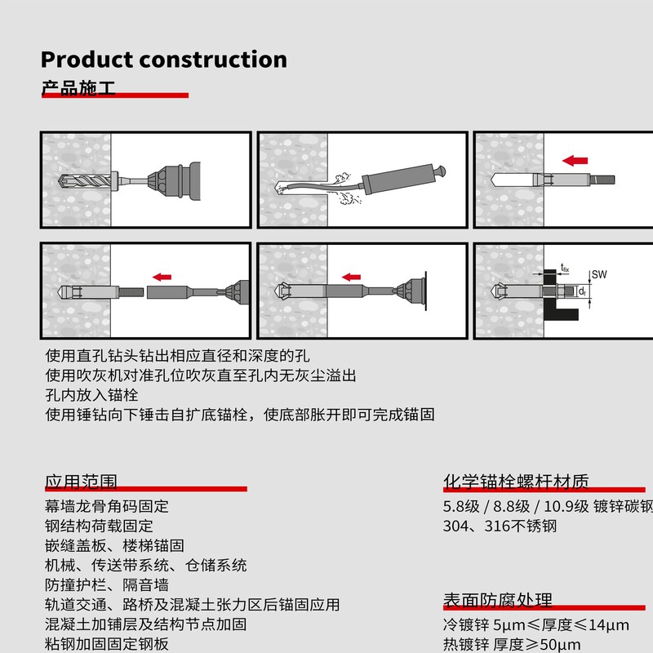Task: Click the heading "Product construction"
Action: coord(163,60)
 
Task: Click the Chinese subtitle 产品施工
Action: coord(78,87)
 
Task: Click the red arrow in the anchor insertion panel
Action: coord(576,159)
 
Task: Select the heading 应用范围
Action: coord(81,481)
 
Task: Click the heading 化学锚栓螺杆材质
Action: coord(516,481)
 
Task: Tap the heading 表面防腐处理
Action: coord(498,600)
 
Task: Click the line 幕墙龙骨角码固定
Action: coord(107,506)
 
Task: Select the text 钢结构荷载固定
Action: coord(99,526)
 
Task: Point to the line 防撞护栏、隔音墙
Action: coord(107,585)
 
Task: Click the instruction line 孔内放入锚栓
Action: coord(87,395)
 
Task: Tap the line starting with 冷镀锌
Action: coord(535,625)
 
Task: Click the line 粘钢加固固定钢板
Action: coord(107,644)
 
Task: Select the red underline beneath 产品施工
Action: coord(114,96)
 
